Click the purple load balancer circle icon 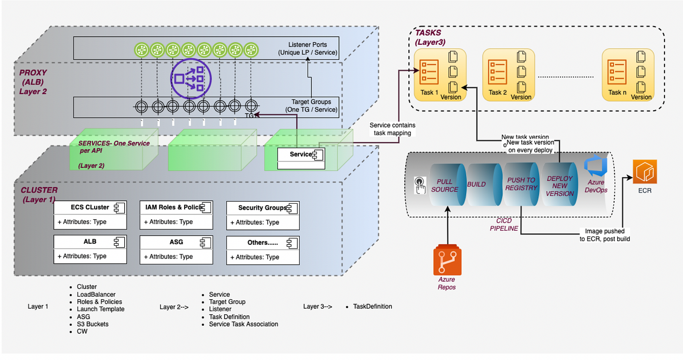click(x=191, y=78)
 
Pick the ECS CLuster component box click(x=90, y=215)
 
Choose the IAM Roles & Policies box click(x=176, y=215)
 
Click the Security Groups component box click(x=263, y=215)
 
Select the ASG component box click(x=176, y=249)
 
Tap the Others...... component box click(x=263, y=249)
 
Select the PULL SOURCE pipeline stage click(x=444, y=185)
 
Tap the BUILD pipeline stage click(x=476, y=185)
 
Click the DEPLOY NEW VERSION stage click(x=560, y=186)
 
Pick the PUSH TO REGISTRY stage click(x=521, y=184)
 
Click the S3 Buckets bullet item click(x=93, y=324)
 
